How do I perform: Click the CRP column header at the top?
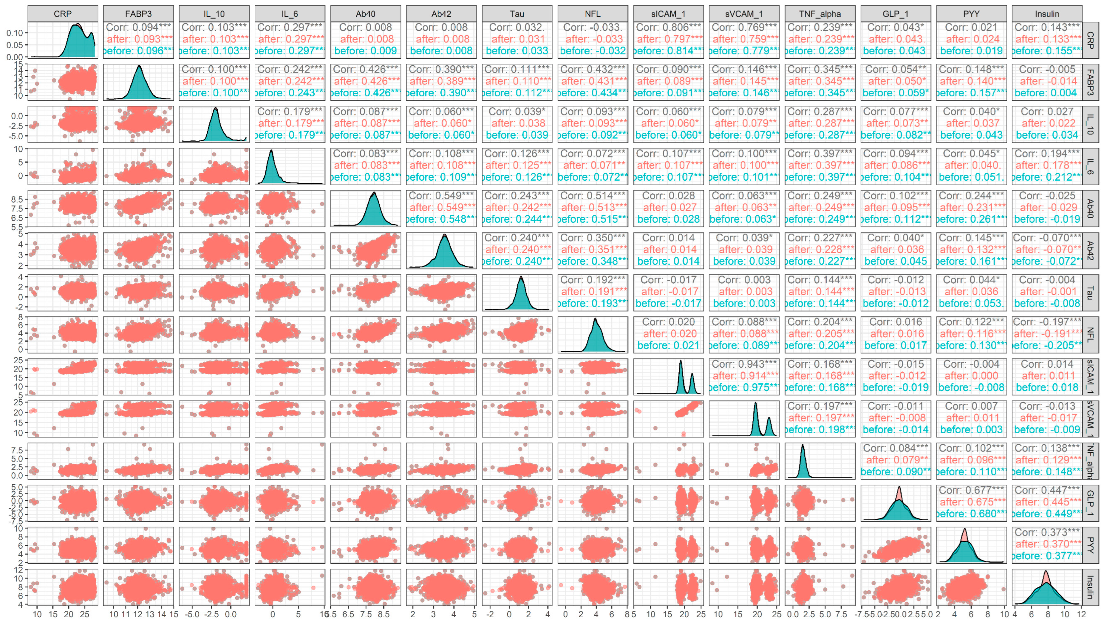[63, 14]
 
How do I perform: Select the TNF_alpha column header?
[819, 14]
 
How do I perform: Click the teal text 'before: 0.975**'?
[744, 387]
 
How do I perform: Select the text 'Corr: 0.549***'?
[441, 196]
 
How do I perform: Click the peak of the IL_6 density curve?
[271, 151]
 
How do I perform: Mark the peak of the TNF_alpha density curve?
[803, 446]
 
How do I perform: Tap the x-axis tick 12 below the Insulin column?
[1082, 614]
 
